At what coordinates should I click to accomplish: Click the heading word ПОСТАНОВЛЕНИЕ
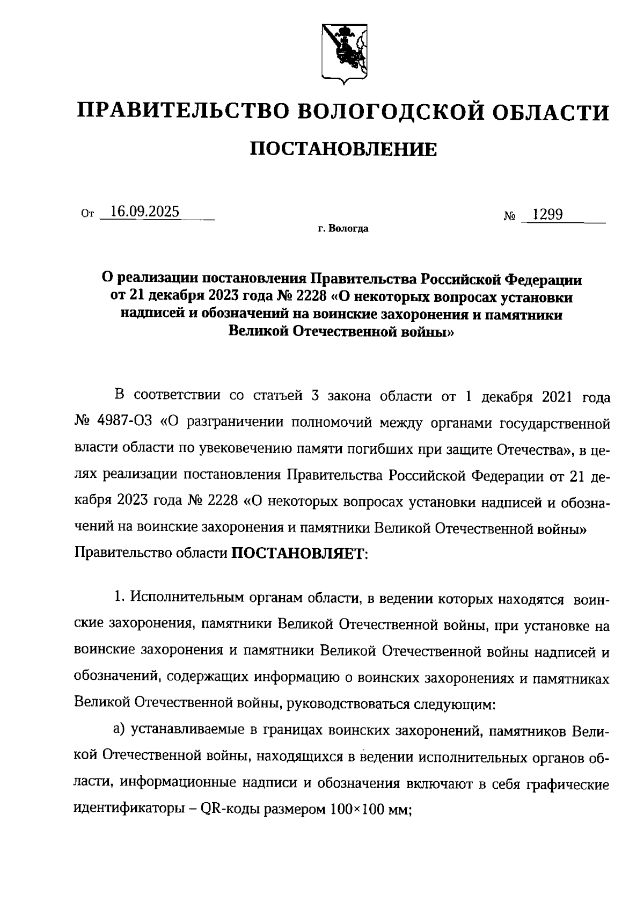pos(343,149)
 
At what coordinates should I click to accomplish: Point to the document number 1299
pos(546,215)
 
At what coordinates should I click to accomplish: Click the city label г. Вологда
pos(343,229)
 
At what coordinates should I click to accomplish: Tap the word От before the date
pos(87,214)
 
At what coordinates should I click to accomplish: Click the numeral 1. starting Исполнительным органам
pos(119,598)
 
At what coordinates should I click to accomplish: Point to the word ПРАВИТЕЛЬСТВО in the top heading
pos(184,112)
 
